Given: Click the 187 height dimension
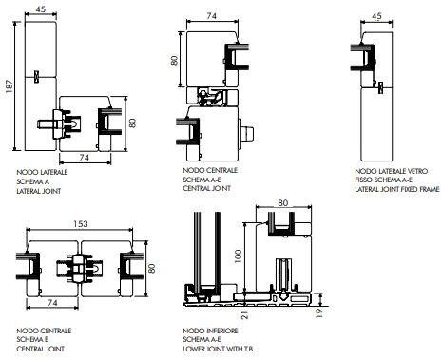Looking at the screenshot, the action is (x=10, y=86).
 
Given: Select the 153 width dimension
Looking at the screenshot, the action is (x=81, y=224).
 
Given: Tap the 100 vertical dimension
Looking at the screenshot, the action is (x=238, y=256).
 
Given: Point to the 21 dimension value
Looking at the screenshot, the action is (x=245, y=314).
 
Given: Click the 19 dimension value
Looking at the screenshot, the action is (x=319, y=313).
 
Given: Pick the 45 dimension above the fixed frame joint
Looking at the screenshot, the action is (x=376, y=16).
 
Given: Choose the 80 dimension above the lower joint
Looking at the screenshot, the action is (x=283, y=202).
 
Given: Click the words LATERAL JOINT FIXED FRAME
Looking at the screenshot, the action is (x=397, y=189).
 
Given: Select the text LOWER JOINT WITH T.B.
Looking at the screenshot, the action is (x=219, y=349).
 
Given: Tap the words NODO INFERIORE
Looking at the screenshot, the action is (x=210, y=331).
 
